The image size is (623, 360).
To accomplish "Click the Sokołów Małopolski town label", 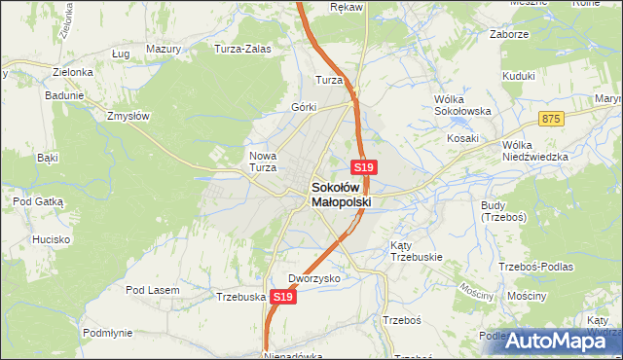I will pyautogui.click(x=342, y=195).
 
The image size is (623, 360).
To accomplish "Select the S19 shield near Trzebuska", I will pyautogui.click(x=283, y=296).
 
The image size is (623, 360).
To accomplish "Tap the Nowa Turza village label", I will pyautogui.click(x=265, y=161).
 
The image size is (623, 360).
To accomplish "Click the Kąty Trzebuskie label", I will pyautogui.click(x=417, y=251).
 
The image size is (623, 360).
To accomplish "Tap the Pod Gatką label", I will pyautogui.click(x=38, y=200).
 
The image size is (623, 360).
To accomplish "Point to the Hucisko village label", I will pyautogui.click(x=47, y=238).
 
